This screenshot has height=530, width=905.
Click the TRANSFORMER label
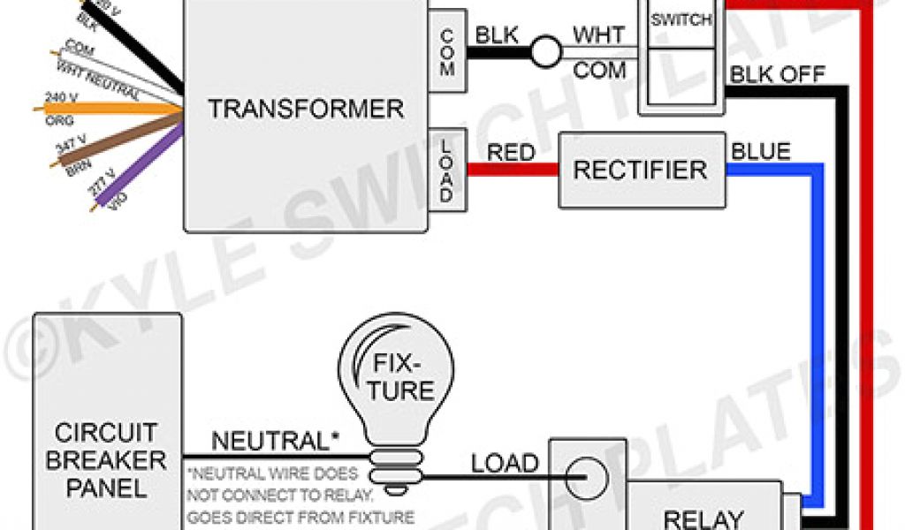click(306, 110)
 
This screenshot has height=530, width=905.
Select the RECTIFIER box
click(640, 170)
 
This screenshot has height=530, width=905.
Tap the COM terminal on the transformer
click(446, 53)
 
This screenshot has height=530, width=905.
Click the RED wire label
click(511, 153)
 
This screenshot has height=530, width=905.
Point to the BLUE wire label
click(760, 151)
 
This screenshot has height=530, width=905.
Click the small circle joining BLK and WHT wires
click(545, 53)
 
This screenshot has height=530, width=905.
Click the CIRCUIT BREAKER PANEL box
click(106, 459)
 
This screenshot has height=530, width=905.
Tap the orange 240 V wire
click(106, 110)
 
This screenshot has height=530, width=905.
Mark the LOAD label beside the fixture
click(504, 462)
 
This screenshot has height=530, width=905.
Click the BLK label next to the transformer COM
click(498, 36)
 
